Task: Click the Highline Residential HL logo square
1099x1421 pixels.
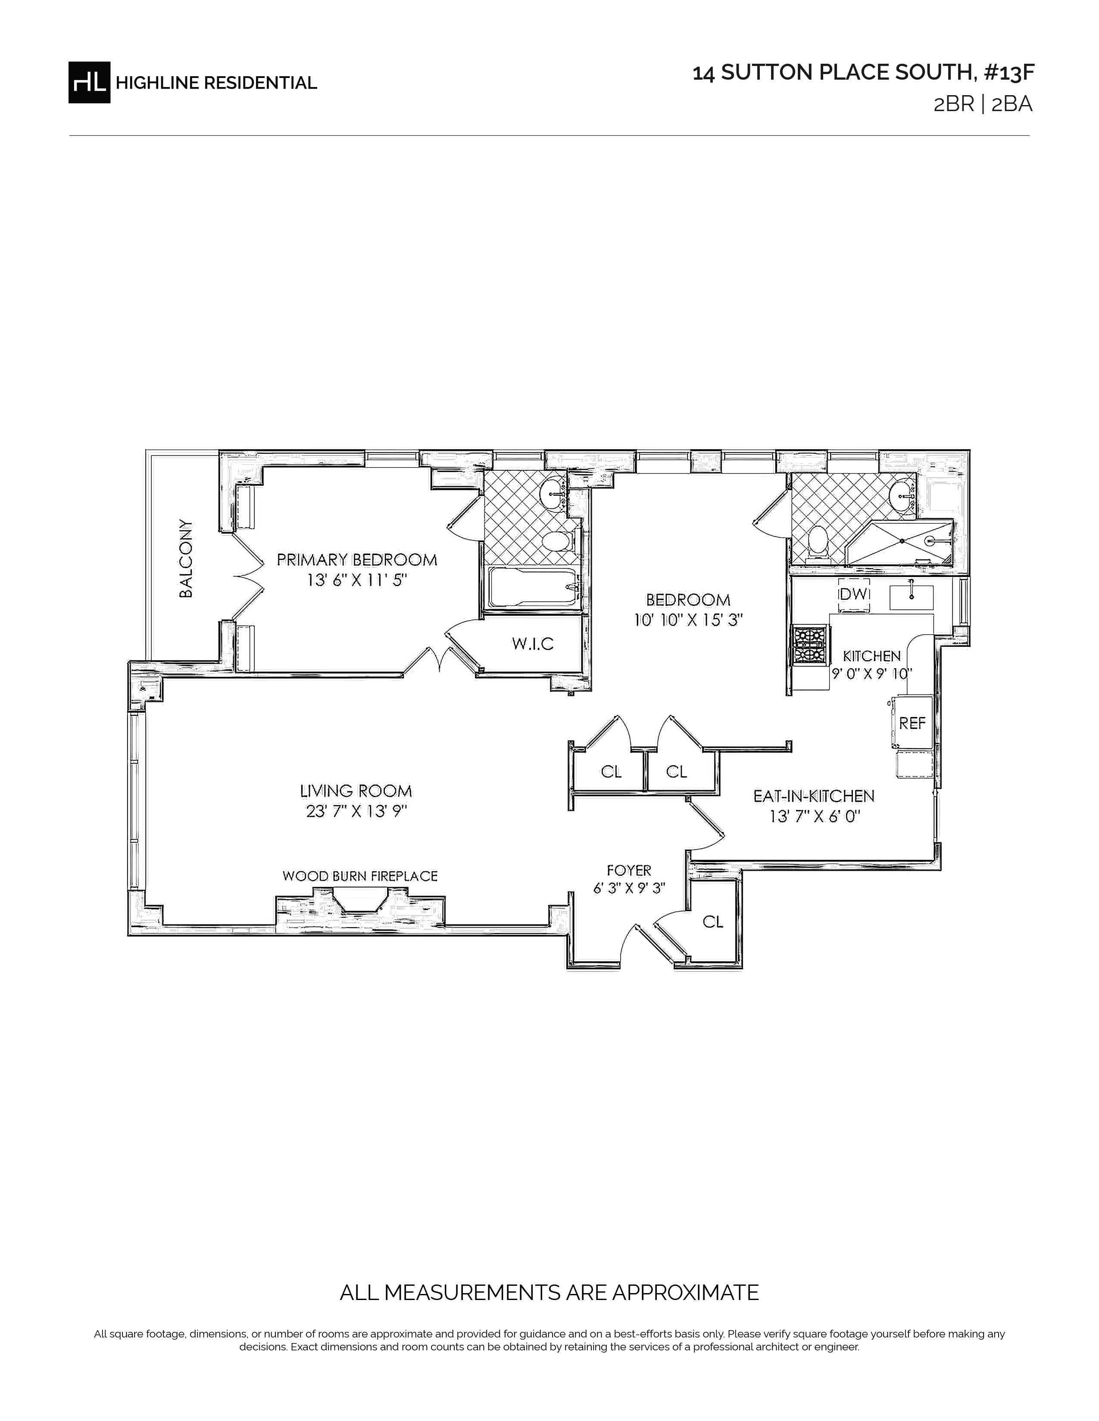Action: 89,82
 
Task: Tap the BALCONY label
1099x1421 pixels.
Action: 186,558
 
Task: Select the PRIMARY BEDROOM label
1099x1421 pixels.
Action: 357,559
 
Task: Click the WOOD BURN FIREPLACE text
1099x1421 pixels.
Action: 360,876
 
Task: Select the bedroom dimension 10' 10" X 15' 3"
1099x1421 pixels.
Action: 689,620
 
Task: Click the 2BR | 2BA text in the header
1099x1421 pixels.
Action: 983,105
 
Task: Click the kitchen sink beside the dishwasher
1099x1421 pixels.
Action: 912,596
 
